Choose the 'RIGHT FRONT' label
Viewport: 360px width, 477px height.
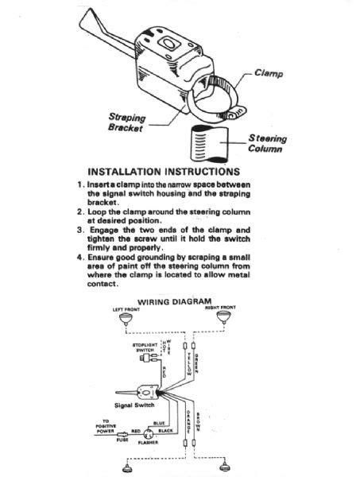(221, 308)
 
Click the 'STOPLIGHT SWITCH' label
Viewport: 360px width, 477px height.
(145, 347)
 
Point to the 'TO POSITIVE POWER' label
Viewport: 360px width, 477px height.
(105, 429)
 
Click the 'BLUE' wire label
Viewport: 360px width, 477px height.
(159, 423)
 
